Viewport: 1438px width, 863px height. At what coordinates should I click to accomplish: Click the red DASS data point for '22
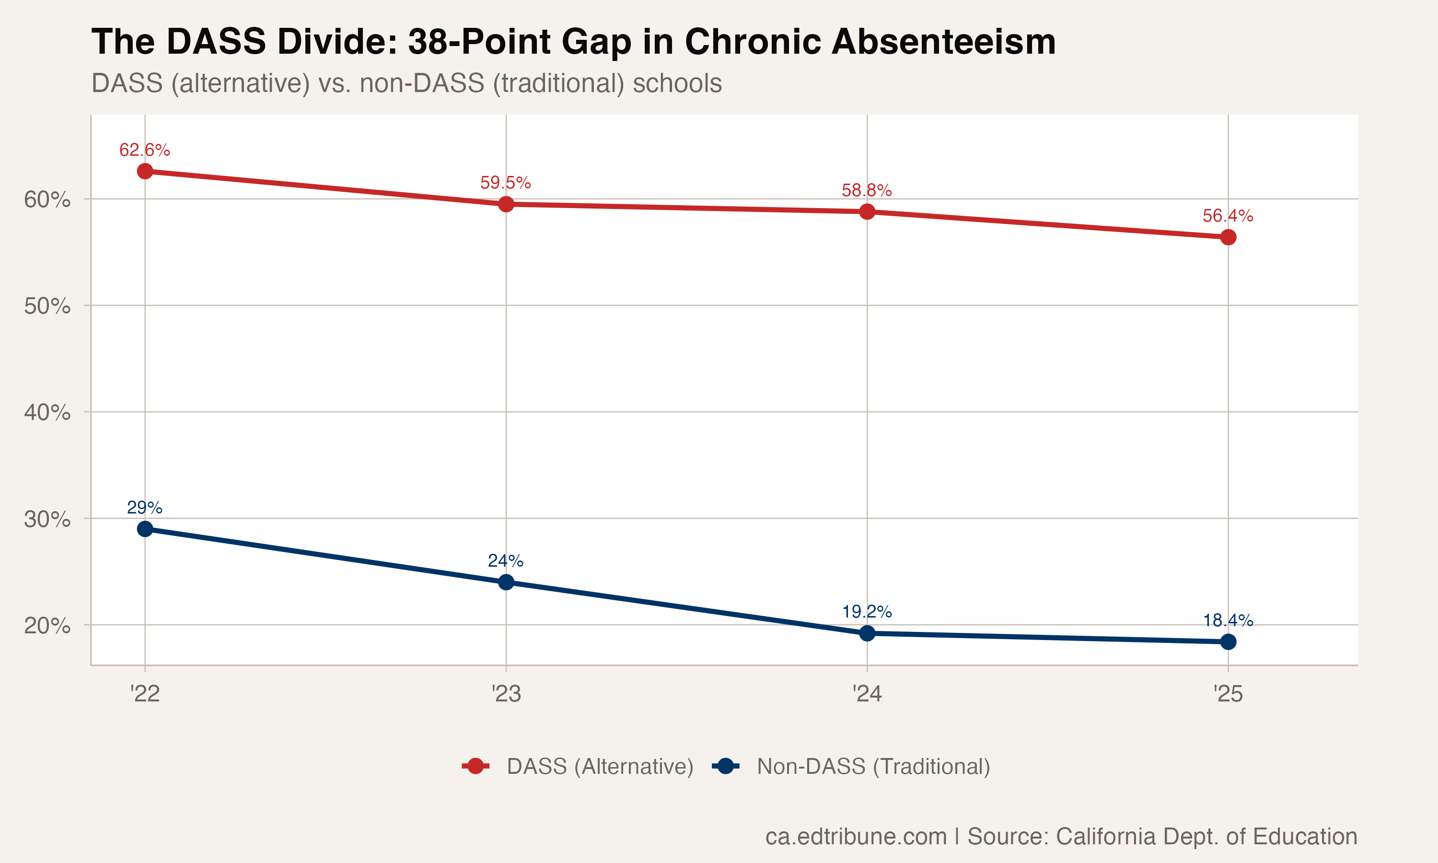[x=145, y=171]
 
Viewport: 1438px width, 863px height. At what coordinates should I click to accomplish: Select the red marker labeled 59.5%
[x=506, y=204]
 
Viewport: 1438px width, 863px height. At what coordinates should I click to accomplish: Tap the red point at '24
[x=867, y=212]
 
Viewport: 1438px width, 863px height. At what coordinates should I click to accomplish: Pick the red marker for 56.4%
[x=1228, y=237]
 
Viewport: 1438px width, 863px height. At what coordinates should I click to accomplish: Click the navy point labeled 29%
[x=145, y=529]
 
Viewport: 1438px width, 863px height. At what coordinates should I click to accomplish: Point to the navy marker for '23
[x=506, y=582]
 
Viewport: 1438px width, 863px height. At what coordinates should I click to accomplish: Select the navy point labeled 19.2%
[x=867, y=633]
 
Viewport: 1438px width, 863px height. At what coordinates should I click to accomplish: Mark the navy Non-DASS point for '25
[x=1228, y=642]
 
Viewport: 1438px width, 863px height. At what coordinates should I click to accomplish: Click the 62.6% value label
[x=145, y=150]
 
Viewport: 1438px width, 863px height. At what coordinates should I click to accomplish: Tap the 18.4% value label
[x=1228, y=620]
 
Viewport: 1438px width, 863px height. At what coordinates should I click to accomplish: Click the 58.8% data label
[x=867, y=190]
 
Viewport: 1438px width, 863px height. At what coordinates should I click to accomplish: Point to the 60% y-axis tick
[x=47, y=199]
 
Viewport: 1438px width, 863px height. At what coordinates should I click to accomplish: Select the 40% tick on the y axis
[x=47, y=412]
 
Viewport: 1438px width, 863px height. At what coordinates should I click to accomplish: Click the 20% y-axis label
[x=47, y=626]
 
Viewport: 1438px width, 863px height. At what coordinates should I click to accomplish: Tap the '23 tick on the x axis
[x=506, y=694]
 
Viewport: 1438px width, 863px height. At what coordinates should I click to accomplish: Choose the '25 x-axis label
[x=1228, y=694]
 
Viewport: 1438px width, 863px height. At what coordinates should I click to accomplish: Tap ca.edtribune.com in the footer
[x=856, y=836]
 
